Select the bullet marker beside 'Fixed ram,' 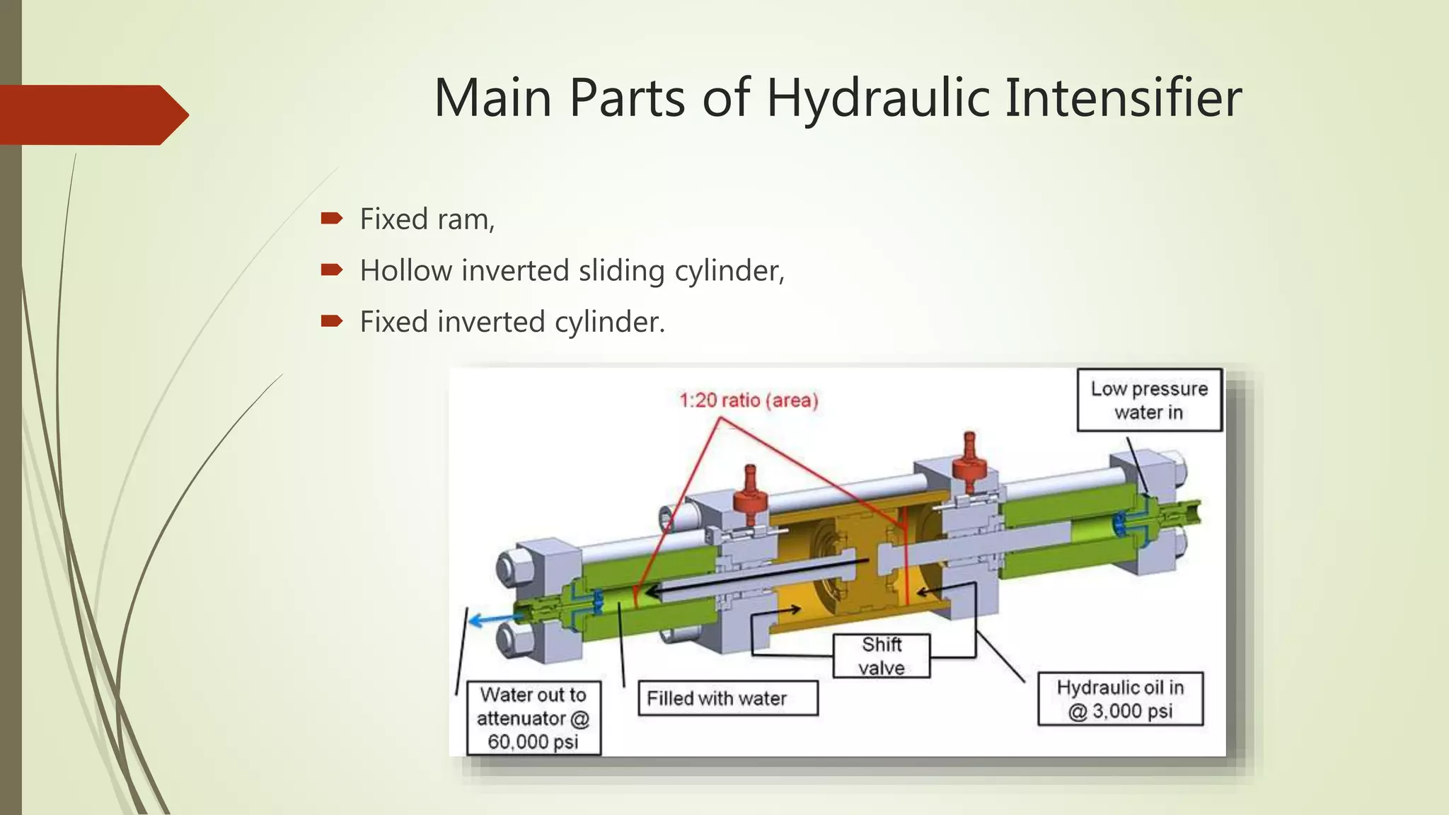331,218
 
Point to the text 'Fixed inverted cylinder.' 512,322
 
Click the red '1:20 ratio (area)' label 749,400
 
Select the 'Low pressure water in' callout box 1149,400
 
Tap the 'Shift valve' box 881,656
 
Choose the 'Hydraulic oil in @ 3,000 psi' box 1120,699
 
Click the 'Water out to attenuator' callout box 533,718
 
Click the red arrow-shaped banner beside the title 92,115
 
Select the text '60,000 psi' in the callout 533,742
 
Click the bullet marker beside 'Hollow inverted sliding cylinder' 331,270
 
